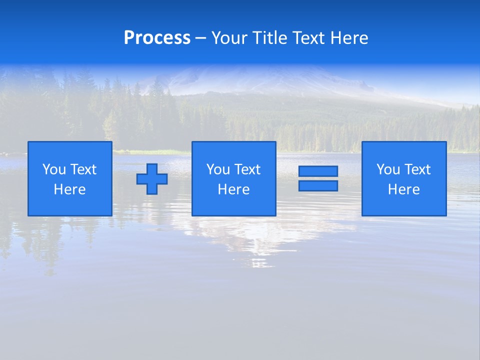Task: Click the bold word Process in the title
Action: click(x=157, y=38)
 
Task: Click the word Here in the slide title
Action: click(x=349, y=38)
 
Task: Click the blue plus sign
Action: click(x=152, y=179)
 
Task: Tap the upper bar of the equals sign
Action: click(x=318, y=171)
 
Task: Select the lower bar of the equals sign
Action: click(x=318, y=186)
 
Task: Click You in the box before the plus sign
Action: click(x=54, y=169)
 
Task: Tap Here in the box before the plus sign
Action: click(x=70, y=189)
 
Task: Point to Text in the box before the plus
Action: click(x=83, y=169)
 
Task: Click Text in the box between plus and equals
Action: click(x=247, y=169)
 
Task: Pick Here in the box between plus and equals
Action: click(x=234, y=189)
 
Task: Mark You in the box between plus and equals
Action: click(x=218, y=169)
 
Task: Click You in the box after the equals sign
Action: click(x=388, y=169)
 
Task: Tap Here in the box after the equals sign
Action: click(x=404, y=189)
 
